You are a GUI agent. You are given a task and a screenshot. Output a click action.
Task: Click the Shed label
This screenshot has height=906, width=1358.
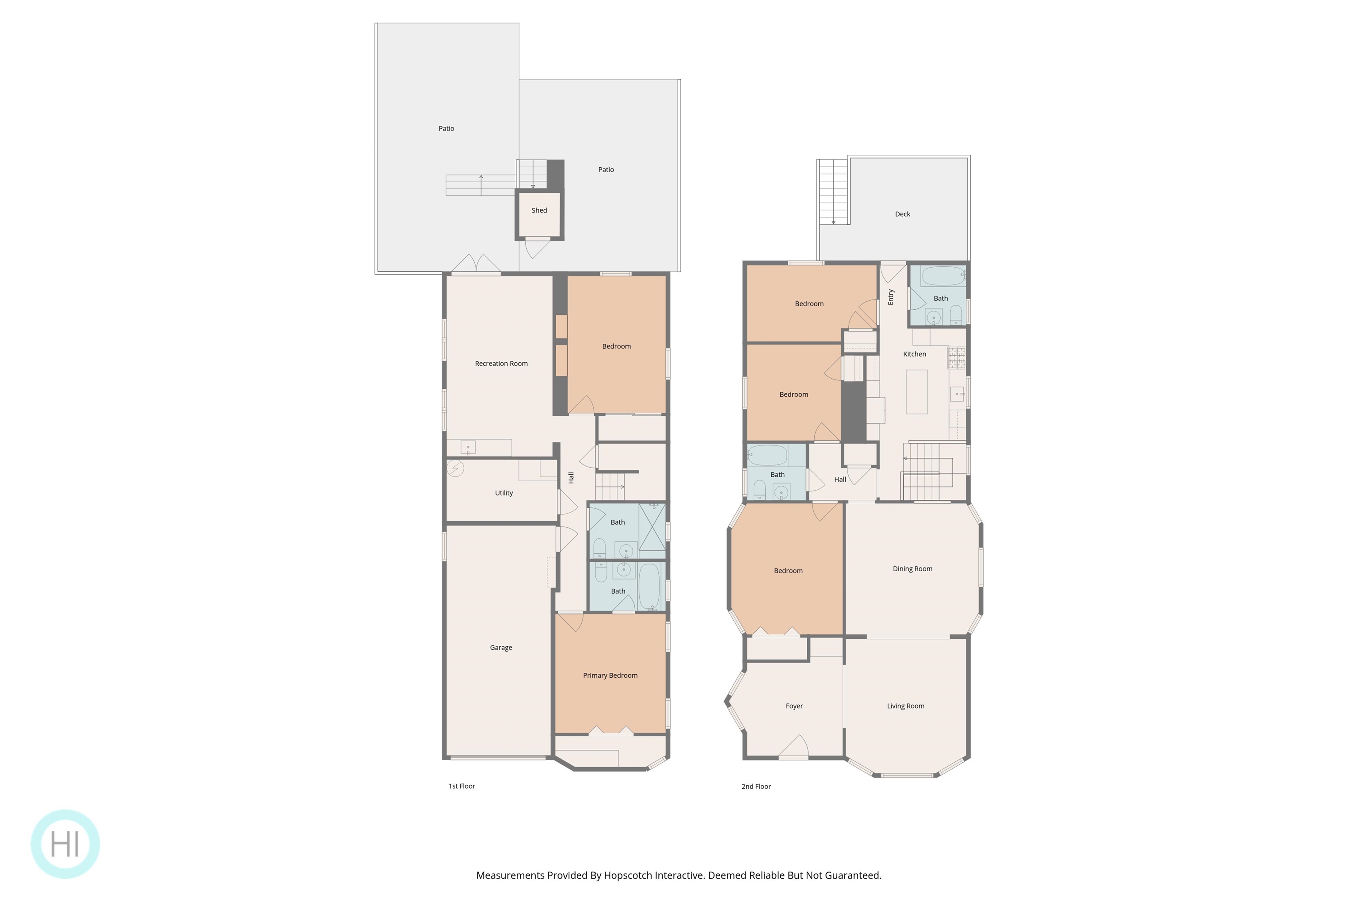(x=539, y=210)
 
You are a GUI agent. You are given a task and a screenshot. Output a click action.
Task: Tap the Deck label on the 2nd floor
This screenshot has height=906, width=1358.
(x=902, y=215)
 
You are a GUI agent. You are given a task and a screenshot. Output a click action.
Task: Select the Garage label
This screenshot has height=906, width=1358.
(x=500, y=648)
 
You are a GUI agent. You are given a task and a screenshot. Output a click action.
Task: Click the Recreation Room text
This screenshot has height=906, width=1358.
(x=501, y=364)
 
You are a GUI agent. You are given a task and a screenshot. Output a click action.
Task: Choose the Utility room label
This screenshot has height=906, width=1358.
(x=504, y=493)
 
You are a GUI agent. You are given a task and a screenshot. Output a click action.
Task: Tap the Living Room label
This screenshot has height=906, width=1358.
(x=905, y=706)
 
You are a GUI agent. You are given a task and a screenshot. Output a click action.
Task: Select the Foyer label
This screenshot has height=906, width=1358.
(x=794, y=706)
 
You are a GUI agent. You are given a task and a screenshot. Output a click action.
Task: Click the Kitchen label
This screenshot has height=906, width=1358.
(x=914, y=354)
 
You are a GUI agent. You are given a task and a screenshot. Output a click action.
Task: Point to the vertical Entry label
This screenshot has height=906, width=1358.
(x=890, y=297)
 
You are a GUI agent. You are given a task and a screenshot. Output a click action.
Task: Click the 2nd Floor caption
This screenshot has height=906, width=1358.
(x=756, y=787)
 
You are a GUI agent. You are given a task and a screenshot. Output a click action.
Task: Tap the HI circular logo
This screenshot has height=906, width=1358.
(x=65, y=844)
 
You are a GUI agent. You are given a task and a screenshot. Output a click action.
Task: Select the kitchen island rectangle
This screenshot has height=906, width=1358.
(x=916, y=392)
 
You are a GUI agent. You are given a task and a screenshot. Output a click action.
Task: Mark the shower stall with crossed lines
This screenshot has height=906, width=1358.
(x=652, y=527)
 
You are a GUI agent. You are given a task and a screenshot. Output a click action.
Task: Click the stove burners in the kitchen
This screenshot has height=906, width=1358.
(x=956, y=357)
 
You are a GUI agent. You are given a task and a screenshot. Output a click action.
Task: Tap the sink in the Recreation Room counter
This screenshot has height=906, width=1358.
(x=468, y=448)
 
